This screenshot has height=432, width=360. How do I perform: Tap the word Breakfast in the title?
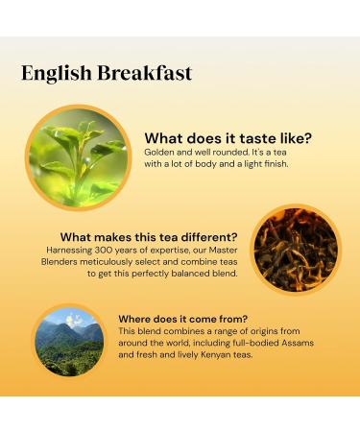tap(142, 73)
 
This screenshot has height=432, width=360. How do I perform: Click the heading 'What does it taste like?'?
tap(228, 137)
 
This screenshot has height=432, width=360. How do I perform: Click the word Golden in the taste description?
tap(160, 153)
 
